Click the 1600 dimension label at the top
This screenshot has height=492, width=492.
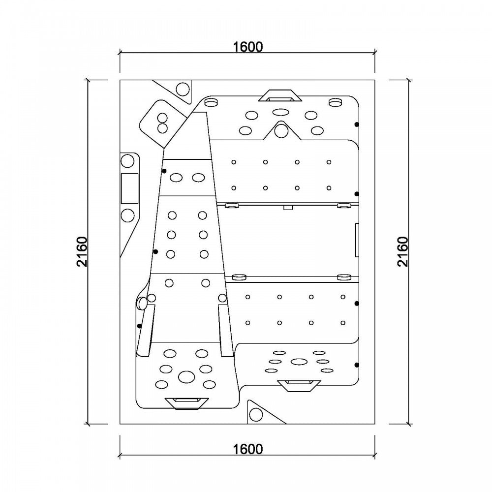coord(247,47)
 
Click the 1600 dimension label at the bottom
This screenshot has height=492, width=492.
coord(247,449)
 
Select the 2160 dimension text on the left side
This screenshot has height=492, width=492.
coord(82,251)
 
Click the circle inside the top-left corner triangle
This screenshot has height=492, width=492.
coord(183,89)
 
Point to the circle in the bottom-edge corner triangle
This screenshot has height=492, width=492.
coord(256,415)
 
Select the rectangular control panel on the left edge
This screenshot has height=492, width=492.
coord(129,188)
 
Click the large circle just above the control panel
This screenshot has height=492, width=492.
coord(127,161)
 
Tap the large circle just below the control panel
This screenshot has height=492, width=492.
coord(127,215)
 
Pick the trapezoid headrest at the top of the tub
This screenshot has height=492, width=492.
coord(280,96)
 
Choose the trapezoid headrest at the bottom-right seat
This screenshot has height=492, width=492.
coord(299,386)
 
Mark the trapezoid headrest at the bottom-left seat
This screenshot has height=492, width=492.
coord(186,404)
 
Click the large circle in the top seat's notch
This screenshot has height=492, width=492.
coord(281,131)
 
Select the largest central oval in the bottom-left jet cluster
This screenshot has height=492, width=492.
coord(186,377)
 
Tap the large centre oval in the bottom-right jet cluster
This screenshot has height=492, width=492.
coord(299,362)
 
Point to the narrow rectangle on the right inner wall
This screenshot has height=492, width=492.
coord(357,240)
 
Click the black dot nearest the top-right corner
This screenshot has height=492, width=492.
coord(357,124)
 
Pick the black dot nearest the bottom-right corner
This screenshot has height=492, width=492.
coord(356,365)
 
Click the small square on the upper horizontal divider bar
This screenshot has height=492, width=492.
coord(288,208)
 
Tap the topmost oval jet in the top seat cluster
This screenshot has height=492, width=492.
coord(281,112)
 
